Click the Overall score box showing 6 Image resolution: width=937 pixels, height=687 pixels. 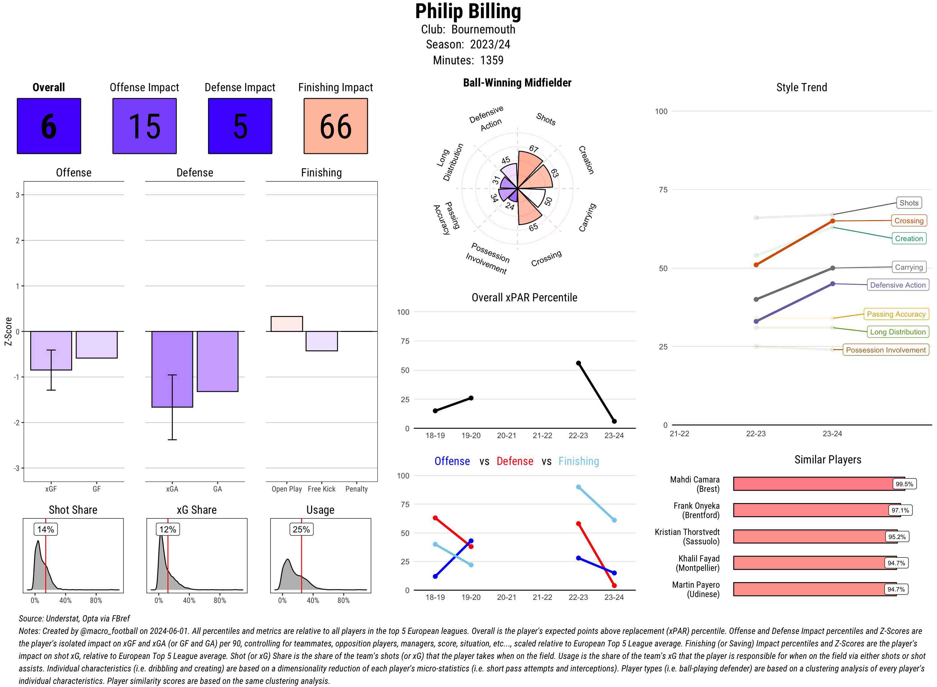[49, 126]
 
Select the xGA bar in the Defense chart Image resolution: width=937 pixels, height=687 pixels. [172, 369]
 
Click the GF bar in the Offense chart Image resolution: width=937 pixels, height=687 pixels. [97, 344]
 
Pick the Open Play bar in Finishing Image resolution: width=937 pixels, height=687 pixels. [286, 324]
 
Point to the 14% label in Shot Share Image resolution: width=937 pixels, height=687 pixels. [46, 529]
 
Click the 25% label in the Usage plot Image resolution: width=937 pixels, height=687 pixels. [301, 529]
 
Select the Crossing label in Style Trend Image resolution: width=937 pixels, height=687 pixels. [908, 221]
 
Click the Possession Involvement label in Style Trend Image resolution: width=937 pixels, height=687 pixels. [885, 350]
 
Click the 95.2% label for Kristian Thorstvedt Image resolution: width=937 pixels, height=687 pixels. [897, 537]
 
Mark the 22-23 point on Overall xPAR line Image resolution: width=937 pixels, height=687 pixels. [578, 363]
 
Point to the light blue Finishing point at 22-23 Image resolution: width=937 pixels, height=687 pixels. [578, 487]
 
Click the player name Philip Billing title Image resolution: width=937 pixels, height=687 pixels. [468, 11]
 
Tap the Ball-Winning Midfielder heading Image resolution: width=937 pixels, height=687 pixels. [517, 83]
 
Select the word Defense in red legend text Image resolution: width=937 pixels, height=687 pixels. [514, 461]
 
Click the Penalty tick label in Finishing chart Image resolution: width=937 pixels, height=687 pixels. [356, 489]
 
